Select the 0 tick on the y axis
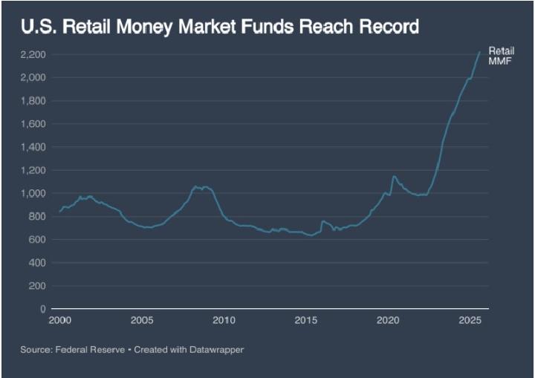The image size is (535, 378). pyautogui.click(x=43, y=309)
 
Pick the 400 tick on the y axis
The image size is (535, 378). pyautogui.click(x=38, y=263)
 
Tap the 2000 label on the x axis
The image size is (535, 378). pyautogui.click(x=59, y=320)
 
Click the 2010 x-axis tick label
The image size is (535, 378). pyautogui.click(x=224, y=320)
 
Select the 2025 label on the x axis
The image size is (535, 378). pyautogui.click(x=470, y=320)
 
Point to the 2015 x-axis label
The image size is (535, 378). pyautogui.click(x=305, y=320)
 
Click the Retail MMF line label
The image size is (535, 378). pyautogui.click(x=496, y=55)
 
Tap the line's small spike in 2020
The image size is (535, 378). pyautogui.click(x=394, y=176)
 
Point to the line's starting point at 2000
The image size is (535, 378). pyautogui.click(x=60, y=212)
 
